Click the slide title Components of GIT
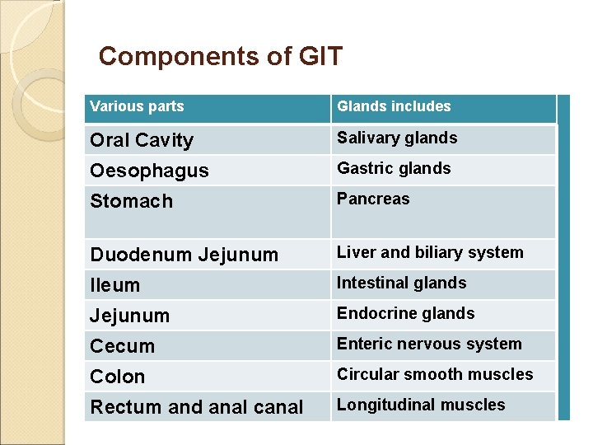point(220,57)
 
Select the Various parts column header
point(137,106)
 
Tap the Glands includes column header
point(394,106)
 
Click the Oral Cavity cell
point(142,140)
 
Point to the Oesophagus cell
point(149,171)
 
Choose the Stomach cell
point(132,201)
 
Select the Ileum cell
point(115,285)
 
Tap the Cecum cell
point(122,346)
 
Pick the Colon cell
point(118,377)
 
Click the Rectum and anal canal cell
point(196,407)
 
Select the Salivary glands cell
point(397,138)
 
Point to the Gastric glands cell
point(394,168)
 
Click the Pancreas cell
point(373,199)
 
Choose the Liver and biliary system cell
point(430,252)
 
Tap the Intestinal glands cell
point(401,283)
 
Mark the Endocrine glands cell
point(405,313)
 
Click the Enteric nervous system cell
point(429,344)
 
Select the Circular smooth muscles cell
point(435,374)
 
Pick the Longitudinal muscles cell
point(421,405)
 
